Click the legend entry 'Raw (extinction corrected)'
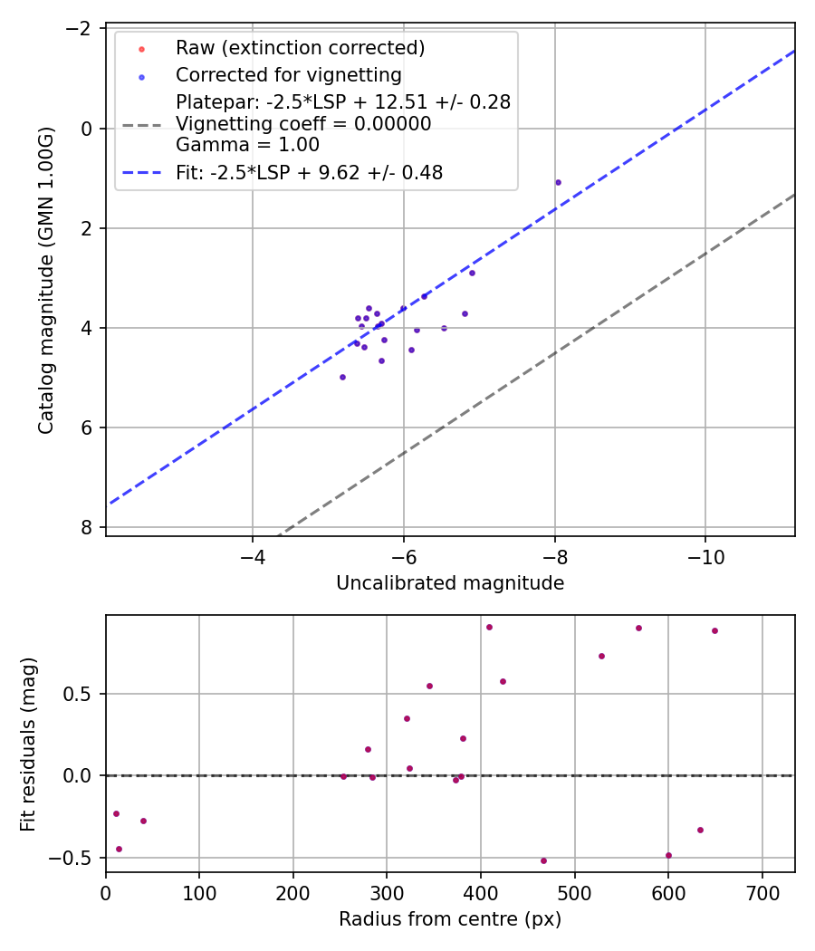pyautogui.click(x=300, y=47)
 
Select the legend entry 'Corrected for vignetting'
pyautogui.click(x=288, y=74)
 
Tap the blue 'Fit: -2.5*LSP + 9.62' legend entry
pyautogui.click(x=309, y=172)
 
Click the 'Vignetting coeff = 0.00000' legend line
pyautogui.click(x=303, y=123)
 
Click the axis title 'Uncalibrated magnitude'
pyautogui.click(x=450, y=583)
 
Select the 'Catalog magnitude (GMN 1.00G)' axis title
pyautogui.click(x=47, y=281)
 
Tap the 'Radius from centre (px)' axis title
pyautogui.click(x=450, y=919)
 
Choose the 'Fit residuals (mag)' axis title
pyautogui.click(x=28, y=744)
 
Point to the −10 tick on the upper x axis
pyautogui.click(x=705, y=555)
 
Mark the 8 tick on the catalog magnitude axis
pyautogui.click(x=88, y=527)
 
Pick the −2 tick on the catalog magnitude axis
pyautogui.click(x=81, y=29)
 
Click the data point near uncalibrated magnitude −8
pyautogui.click(x=558, y=182)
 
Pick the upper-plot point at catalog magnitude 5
pyautogui.click(x=342, y=377)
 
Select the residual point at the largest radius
pyautogui.click(x=714, y=630)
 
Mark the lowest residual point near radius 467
pyautogui.click(x=543, y=860)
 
